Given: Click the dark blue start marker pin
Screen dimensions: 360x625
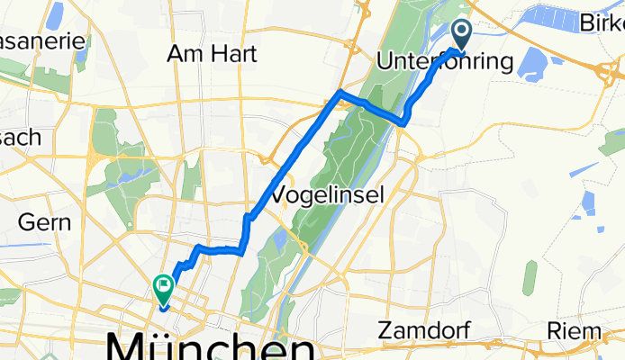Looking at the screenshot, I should click(x=462, y=34).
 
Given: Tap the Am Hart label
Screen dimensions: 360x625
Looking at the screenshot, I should click(x=213, y=54).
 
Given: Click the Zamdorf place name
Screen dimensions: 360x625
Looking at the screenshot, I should click(x=423, y=330).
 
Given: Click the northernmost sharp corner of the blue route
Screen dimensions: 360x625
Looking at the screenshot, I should click(x=339, y=93).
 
